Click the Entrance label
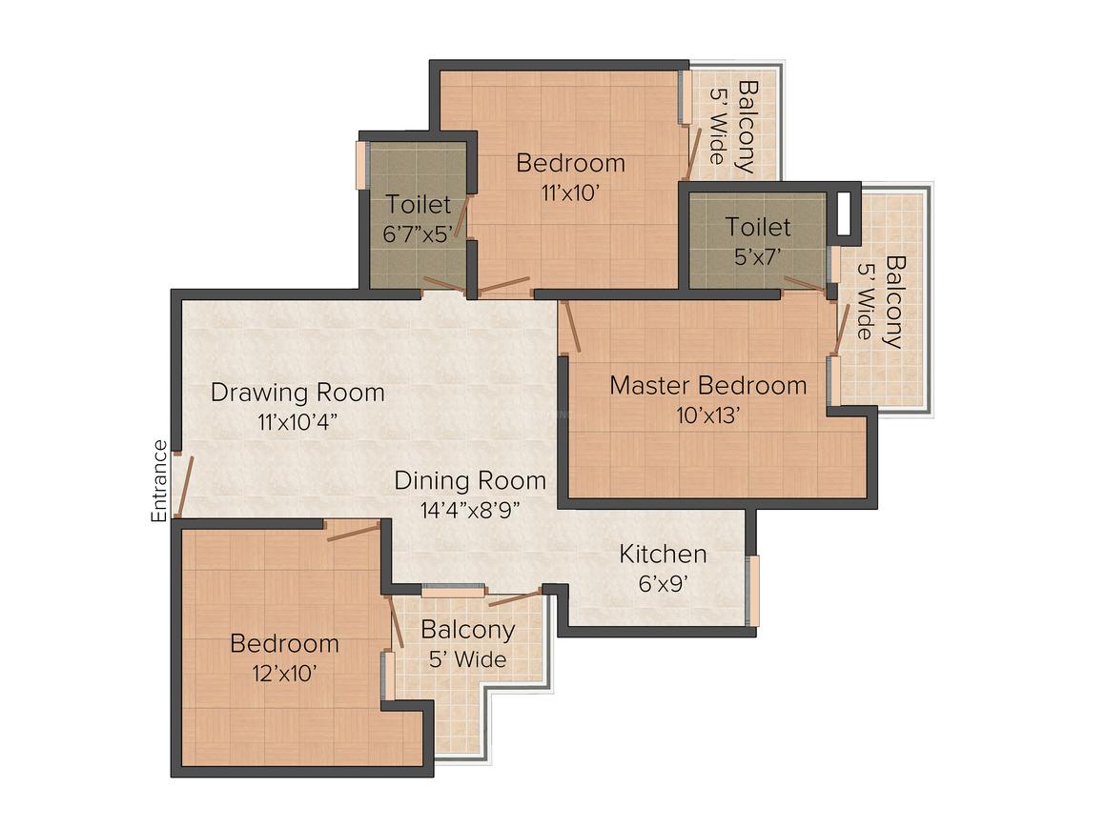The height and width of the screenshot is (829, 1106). [159, 480]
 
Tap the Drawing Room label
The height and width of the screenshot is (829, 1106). [297, 393]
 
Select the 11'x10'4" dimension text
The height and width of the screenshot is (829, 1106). [297, 422]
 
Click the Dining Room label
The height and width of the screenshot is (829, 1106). [470, 479]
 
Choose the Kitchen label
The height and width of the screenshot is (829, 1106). [663, 554]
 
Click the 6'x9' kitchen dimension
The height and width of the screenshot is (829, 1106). [663, 582]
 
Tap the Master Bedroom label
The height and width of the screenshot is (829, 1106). [707, 386]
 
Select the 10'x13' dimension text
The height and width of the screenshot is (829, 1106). [707, 415]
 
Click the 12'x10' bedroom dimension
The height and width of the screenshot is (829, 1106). [284, 673]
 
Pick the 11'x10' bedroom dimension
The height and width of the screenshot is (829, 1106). [570, 192]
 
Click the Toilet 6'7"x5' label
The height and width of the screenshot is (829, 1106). [419, 204]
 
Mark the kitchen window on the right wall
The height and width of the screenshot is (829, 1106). [752, 591]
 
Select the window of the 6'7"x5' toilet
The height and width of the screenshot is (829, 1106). [361, 166]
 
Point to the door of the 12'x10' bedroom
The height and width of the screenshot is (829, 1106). [353, 531]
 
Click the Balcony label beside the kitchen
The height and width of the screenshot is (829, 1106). [467, 630]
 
